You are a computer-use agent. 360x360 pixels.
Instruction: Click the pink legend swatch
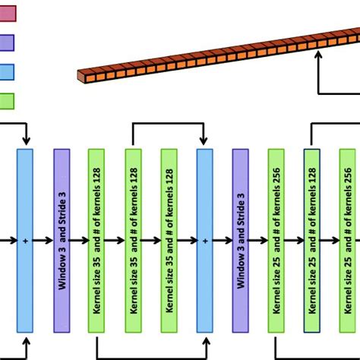(x=8, y=12)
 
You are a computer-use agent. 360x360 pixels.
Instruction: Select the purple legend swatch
(x=8, y=42)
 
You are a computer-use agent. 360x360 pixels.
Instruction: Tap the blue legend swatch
(x=8, y=71)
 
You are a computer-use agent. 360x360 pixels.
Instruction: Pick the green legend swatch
(x=8, y=101)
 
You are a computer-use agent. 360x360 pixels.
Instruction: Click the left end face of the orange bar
(x=81, y=77)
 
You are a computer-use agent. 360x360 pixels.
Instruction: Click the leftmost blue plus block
(x=25, y=240)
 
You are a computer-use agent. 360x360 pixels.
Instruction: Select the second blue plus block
(x=205, y=240)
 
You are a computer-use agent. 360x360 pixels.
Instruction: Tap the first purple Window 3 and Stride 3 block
(x=62, y=240)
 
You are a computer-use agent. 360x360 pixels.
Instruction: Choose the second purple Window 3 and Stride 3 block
(x=241, y=240)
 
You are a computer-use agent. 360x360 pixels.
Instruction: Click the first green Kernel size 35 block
(x=96, y=240)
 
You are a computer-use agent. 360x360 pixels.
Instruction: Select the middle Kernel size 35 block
(x=133, y=240)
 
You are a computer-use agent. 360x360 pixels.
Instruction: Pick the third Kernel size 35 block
(x=169, y=240)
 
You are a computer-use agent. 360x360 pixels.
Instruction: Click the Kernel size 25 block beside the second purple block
(x=276, y=240)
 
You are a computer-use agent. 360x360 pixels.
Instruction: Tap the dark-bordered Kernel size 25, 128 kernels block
(x=312, y=240)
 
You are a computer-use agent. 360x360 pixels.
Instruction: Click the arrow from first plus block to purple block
(x=43, y=240)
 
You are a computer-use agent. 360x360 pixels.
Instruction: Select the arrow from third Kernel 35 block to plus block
(x=187, y=240)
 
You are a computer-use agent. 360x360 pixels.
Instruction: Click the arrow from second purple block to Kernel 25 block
(x=258, y=240)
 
